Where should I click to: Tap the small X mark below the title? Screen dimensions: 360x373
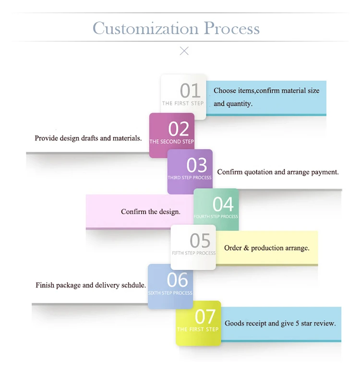[x=184, y=51]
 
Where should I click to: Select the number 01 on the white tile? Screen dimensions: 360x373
[x=190, y=90]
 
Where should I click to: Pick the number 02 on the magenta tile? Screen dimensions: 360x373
[x=179, y=129]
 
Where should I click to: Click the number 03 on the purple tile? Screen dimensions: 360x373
[x=196, y=165]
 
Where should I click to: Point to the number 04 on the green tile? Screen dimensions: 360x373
[x=223, y=204]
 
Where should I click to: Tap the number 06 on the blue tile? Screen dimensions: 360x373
[x=177, y=279]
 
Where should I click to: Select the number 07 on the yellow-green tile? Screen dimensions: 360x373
[x=205, y=316]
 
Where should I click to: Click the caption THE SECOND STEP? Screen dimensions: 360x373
[x=172, y=142]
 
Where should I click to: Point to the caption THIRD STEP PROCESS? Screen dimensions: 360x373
[x=190, y=178]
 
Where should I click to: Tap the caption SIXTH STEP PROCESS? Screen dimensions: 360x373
[x=170, y=293]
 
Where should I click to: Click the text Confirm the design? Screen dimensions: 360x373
[x=151, y=212]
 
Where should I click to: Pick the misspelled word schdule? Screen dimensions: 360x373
[x=133, y=285]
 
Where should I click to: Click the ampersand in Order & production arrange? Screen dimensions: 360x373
[x=246, y=248]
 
